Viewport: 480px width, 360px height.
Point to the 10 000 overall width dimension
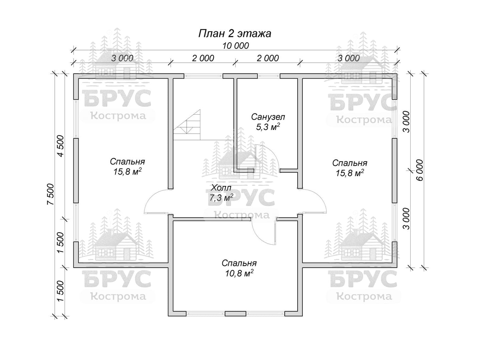click(236, 46)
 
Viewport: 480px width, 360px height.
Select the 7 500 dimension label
click(50, 194)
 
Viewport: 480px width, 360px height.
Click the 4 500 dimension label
click(60, 146)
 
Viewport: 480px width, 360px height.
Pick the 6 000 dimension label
click(420, 170)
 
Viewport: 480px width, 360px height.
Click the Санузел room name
click(268, 117)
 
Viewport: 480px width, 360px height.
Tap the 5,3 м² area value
click(268, 127)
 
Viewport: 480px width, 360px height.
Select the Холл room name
click(221, 188)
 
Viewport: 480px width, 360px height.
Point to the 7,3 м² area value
click(221, 198)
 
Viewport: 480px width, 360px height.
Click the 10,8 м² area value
click(239, 273)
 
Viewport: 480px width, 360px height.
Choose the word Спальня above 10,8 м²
click(239, 263)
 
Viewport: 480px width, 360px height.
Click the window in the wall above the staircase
click(203, 76)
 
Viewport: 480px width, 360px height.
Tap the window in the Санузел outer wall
click(269, 76)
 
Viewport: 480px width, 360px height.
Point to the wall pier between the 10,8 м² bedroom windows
click(236, 314)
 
